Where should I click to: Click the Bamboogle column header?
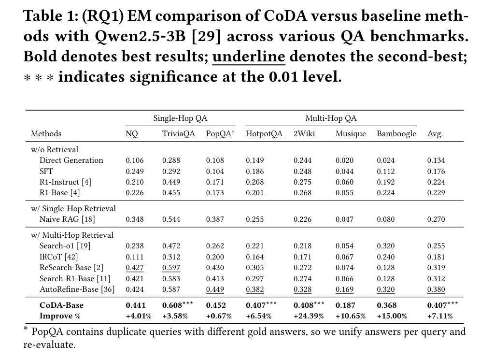(x=396, y=134)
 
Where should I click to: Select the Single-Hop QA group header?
(x=180, y=118)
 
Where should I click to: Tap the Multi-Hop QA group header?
(x=331, y=118)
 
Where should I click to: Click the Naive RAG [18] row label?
(x=67, y=219)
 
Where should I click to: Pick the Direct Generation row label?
(x=71, y=160)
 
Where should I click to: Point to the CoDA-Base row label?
(x=61, y=305)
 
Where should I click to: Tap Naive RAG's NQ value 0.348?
(x=135, y=219)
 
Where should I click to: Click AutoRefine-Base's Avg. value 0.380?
(x=436, y=289)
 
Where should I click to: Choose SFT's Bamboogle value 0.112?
(x=386, y=171)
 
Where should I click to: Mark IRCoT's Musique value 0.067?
(x=344, y=257)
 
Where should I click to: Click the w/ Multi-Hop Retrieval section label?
(x=72, y=235)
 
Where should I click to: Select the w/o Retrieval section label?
(x=54, y=150)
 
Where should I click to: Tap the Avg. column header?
(x=435, y=134)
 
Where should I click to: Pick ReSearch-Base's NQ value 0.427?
(x=135, y=268)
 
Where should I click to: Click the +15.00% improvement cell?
(x=392, y=316)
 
